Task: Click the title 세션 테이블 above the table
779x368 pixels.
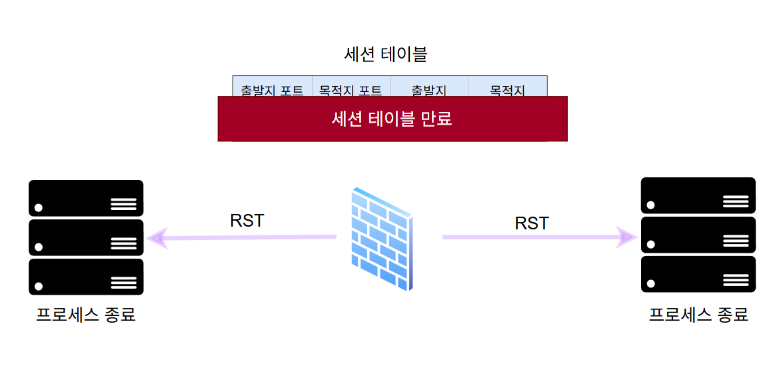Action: pos(385,55)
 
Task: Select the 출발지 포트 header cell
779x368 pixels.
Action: pos(272,89)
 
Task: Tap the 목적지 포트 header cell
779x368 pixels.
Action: pos(351,89)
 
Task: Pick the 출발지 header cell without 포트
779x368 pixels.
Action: pos(429,89)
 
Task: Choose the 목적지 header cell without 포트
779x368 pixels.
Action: pos(508,89)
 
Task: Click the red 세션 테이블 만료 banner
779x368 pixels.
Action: pos(392,119)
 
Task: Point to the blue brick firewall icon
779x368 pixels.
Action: pos(381,239)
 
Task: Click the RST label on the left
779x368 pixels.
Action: pos(247,221)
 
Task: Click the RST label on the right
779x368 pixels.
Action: pos(532,223)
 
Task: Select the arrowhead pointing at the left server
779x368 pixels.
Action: pos(156,237)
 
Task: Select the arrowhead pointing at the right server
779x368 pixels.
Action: pos(626,237)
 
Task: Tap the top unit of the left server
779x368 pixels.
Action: pos(86,198)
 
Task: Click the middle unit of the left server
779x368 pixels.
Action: pos(86,237)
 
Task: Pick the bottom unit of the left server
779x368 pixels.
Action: pos(86,277)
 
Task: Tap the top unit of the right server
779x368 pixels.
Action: pos(698,195)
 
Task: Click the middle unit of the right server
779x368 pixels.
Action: pos(698,235)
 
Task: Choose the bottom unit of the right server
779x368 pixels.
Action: pos(698,274)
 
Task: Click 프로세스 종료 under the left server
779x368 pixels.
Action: pos(86,314)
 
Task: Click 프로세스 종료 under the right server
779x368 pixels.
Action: pos(698,314)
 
